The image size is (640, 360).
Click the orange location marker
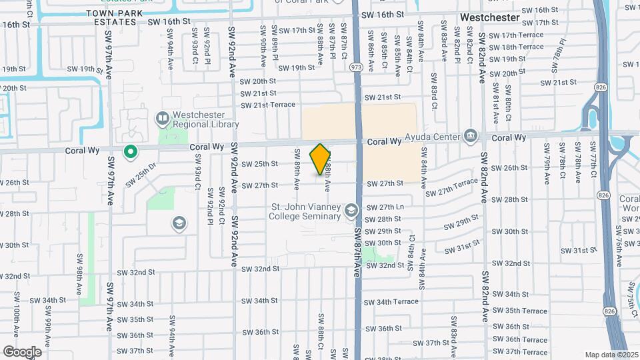click(x=321, y=159)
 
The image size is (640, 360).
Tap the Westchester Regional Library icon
click(x=161, y=119)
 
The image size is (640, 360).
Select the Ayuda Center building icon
click(x=471, y=137)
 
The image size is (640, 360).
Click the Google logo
click(x=21, y=351)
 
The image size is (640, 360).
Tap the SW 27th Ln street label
click(x=391, y=207)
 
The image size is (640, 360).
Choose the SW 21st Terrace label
click(x=267, y=105)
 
